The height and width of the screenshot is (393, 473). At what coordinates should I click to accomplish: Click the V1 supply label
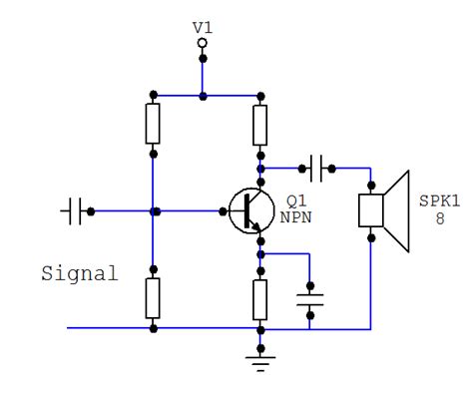pos(203,27)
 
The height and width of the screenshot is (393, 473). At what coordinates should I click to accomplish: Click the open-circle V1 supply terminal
pos(203,43)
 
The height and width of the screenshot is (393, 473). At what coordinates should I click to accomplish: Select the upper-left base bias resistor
pos(153,125)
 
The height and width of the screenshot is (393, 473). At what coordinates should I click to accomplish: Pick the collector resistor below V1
pos(259,125)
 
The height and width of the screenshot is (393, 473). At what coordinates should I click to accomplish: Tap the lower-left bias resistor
pos(153,296)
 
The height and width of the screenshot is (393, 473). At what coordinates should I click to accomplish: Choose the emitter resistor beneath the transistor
pos(259,296)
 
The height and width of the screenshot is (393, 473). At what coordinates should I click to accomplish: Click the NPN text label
pos(295,214)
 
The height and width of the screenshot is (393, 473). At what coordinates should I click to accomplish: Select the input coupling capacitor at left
pos(73,211)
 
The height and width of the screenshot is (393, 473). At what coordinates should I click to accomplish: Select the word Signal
pos(79,272)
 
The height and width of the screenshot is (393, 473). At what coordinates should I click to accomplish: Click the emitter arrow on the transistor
pos(256,228)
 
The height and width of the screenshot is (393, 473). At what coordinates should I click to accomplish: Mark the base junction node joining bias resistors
pos(153,211)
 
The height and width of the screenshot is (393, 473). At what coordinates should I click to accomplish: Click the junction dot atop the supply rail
pos(203,96)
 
